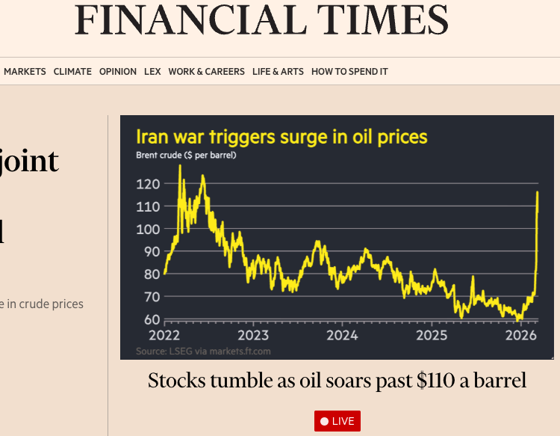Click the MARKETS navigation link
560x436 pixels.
[x=25, y=72]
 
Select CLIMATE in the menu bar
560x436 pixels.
[x=72, y=72]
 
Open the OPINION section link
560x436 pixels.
[x=118, y=72]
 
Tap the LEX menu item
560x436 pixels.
[x=152, y=72]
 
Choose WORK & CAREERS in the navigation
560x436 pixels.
[x=206, y=72]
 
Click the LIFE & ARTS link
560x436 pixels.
[x=278, y=72]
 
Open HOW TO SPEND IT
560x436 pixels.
[x=349, y=72]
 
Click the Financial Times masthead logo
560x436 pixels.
[x=261, y=20]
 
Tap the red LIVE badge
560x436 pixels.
[x=337, y=421]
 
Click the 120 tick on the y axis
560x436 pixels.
[x=149, y=183]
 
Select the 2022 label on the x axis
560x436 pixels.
[x=164, y=334]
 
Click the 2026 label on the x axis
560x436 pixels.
[x=520, y=334]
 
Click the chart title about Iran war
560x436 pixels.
[x=281, y=137]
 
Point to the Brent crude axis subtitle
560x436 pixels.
[x=186, y=156]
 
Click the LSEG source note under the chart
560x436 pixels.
[x=203, y=351]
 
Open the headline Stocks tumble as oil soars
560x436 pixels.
[x=337, y=380]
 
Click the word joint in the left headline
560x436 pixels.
[x=30, y=161]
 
